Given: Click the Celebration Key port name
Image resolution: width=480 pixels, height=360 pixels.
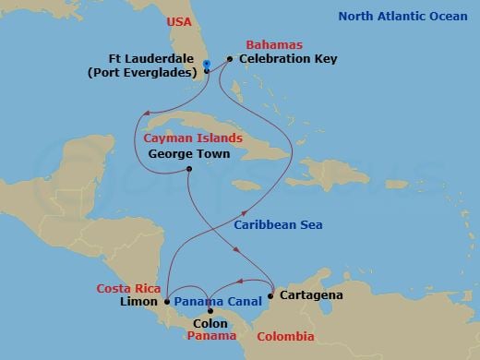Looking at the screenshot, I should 288,59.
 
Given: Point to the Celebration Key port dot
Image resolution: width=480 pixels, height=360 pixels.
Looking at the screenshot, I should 230,59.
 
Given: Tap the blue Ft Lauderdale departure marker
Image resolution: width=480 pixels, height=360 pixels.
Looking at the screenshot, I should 206,64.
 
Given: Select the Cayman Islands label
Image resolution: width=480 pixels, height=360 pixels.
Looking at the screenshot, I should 193,138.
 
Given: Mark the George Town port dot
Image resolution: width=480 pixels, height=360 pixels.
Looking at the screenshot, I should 188,169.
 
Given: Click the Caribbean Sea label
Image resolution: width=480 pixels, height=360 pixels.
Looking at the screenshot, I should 278,224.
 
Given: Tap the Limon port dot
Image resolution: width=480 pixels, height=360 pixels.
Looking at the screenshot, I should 167,301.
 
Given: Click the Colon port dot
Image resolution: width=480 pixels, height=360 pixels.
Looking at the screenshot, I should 210,311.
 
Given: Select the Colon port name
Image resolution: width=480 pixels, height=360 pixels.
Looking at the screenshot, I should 211,324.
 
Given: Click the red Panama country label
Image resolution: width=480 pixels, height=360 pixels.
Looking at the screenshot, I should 210,337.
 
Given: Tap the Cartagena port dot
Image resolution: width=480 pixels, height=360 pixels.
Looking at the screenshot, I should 270,295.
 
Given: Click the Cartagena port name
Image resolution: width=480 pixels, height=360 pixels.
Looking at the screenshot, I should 311,295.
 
